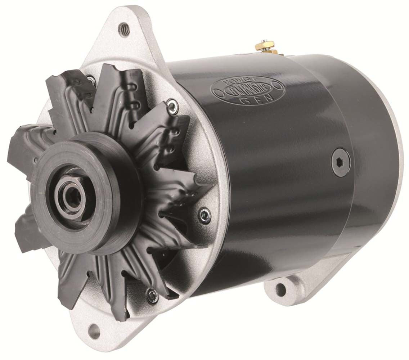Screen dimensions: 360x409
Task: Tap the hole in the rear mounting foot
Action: [280, 288]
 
